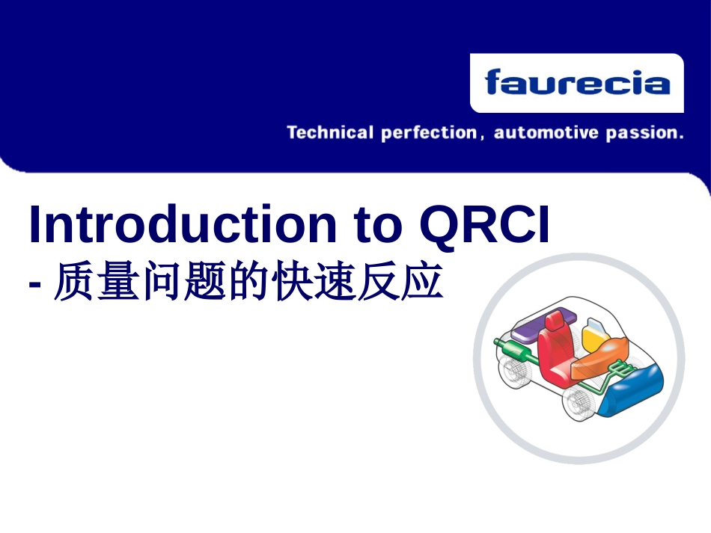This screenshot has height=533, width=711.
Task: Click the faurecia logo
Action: point(577,83)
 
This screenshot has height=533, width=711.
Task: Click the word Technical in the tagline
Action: point(330,132)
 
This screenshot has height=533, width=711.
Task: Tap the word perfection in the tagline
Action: point(429,133)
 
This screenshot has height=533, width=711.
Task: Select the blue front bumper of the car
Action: point(630,391)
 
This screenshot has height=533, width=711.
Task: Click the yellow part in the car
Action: point(595,336)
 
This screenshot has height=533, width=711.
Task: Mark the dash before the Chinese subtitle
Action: point(34,285)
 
